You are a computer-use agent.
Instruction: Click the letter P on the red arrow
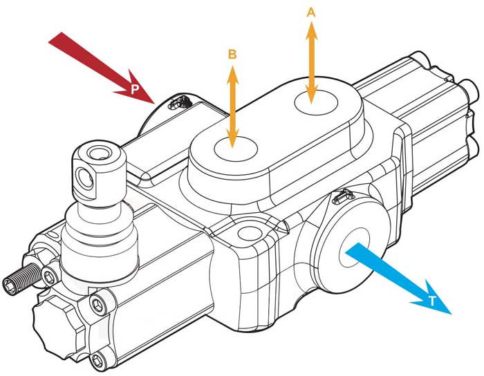[x=134, y=89]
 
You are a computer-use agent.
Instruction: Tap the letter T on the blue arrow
[x=432, y=301]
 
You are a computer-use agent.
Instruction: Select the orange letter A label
[x=311, y=12]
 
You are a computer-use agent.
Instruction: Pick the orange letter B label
[x=232, y=55]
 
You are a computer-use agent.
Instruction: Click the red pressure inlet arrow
[x=102, y=68]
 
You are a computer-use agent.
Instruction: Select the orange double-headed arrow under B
[x=232, y=106]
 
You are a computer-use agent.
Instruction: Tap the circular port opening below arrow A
[x=316, y=102]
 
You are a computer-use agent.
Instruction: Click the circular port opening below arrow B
[x=236, y=149]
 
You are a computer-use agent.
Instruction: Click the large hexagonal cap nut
[x=55, y=326]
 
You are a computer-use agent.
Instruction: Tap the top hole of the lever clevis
[x=98, y=153]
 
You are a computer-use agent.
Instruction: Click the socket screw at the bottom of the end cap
[x=99, y=360]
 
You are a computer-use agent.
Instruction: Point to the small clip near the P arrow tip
[x=179, y=102]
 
